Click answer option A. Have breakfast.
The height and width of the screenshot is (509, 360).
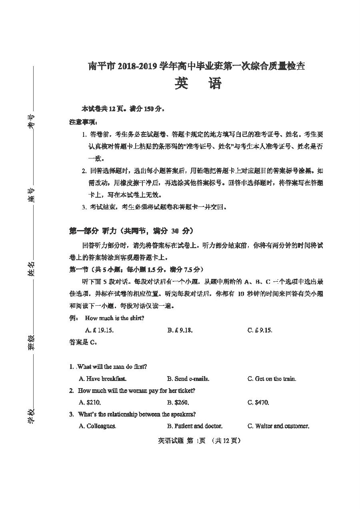coord(103,379)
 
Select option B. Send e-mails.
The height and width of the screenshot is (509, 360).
coord(188,379)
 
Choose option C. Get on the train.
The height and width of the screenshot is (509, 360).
coord(272,379)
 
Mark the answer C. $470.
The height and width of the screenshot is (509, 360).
coord(258,403)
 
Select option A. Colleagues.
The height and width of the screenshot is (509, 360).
coord(98,426)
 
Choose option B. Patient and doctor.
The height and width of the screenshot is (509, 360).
coord(195,426)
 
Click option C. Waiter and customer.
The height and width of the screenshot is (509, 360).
coord(278,426)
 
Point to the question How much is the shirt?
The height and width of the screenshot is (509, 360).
coord(115,319)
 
